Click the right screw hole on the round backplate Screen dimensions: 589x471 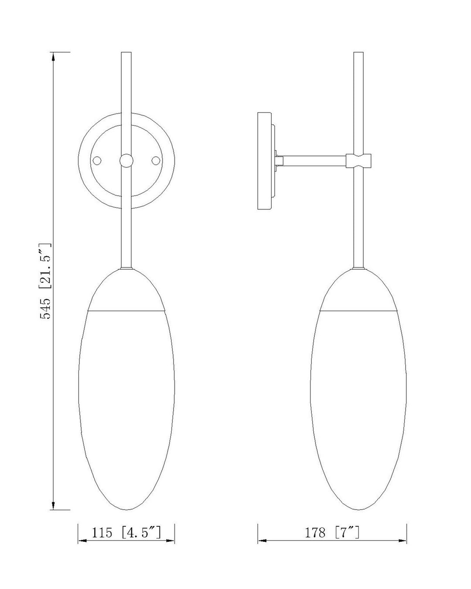tap(155, 161)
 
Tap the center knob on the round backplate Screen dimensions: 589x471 tap(126, 161)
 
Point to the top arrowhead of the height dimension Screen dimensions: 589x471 tap(53, 56)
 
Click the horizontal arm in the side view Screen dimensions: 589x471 tap(314, 161)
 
